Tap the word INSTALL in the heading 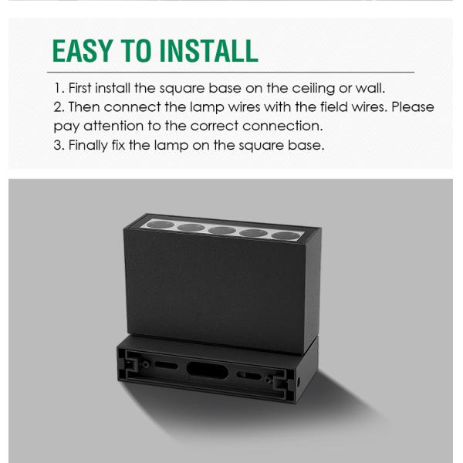[x=208, y=50]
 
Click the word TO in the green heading [x=138, y=50]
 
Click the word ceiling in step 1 [x=304, y=88]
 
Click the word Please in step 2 [x=414, y=106]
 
